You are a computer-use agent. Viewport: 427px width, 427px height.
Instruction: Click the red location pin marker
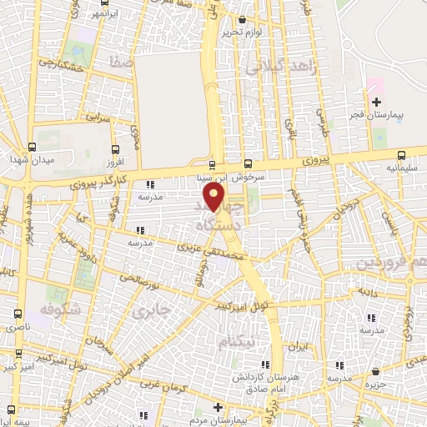[x=214, y=197]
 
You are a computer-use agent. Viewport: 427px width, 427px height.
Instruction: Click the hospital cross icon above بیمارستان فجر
[x=375, y=101]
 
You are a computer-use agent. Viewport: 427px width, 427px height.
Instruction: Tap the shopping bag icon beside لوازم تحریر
[x=242, y=19]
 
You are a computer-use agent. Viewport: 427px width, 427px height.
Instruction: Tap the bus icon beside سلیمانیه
[x=402, y=154]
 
